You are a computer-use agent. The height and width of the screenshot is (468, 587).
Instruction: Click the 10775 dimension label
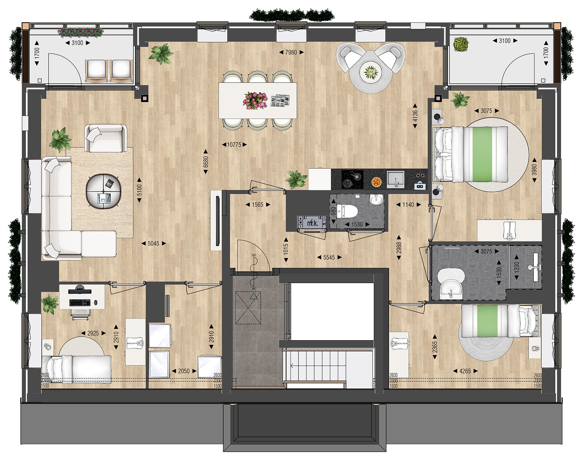point(234,145)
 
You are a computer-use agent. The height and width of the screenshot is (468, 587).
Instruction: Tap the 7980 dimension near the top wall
point(291,52)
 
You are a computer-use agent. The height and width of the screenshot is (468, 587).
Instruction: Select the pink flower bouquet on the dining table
point(255,101)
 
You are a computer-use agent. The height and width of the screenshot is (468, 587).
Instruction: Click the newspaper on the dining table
point(280,101)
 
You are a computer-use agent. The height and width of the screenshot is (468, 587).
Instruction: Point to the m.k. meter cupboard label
point(312,223)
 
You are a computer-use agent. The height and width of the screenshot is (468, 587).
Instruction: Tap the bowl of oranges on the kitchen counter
point(377,182)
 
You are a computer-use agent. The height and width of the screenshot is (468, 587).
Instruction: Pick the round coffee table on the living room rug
point(104,192)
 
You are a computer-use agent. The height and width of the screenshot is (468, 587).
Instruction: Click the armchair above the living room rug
point(106,138)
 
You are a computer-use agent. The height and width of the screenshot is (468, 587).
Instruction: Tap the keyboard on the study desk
point(80,303)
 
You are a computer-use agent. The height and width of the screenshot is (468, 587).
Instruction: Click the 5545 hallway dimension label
point(329,258)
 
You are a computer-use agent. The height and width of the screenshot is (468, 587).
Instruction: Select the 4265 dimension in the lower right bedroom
point(465,371)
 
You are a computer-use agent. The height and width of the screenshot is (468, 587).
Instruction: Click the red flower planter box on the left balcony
point(81,32)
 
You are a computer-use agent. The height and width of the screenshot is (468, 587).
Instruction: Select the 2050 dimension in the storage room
point(184,371)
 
